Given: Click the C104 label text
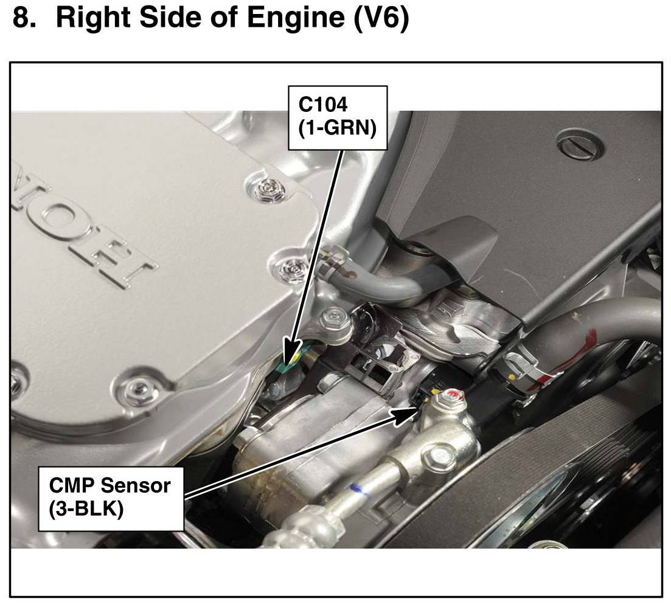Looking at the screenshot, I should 322,105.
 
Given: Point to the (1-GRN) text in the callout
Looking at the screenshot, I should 336,129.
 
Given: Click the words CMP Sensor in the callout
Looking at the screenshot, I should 110,486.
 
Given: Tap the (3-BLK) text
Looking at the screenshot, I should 86,508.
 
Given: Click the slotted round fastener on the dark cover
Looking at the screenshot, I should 581,143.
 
